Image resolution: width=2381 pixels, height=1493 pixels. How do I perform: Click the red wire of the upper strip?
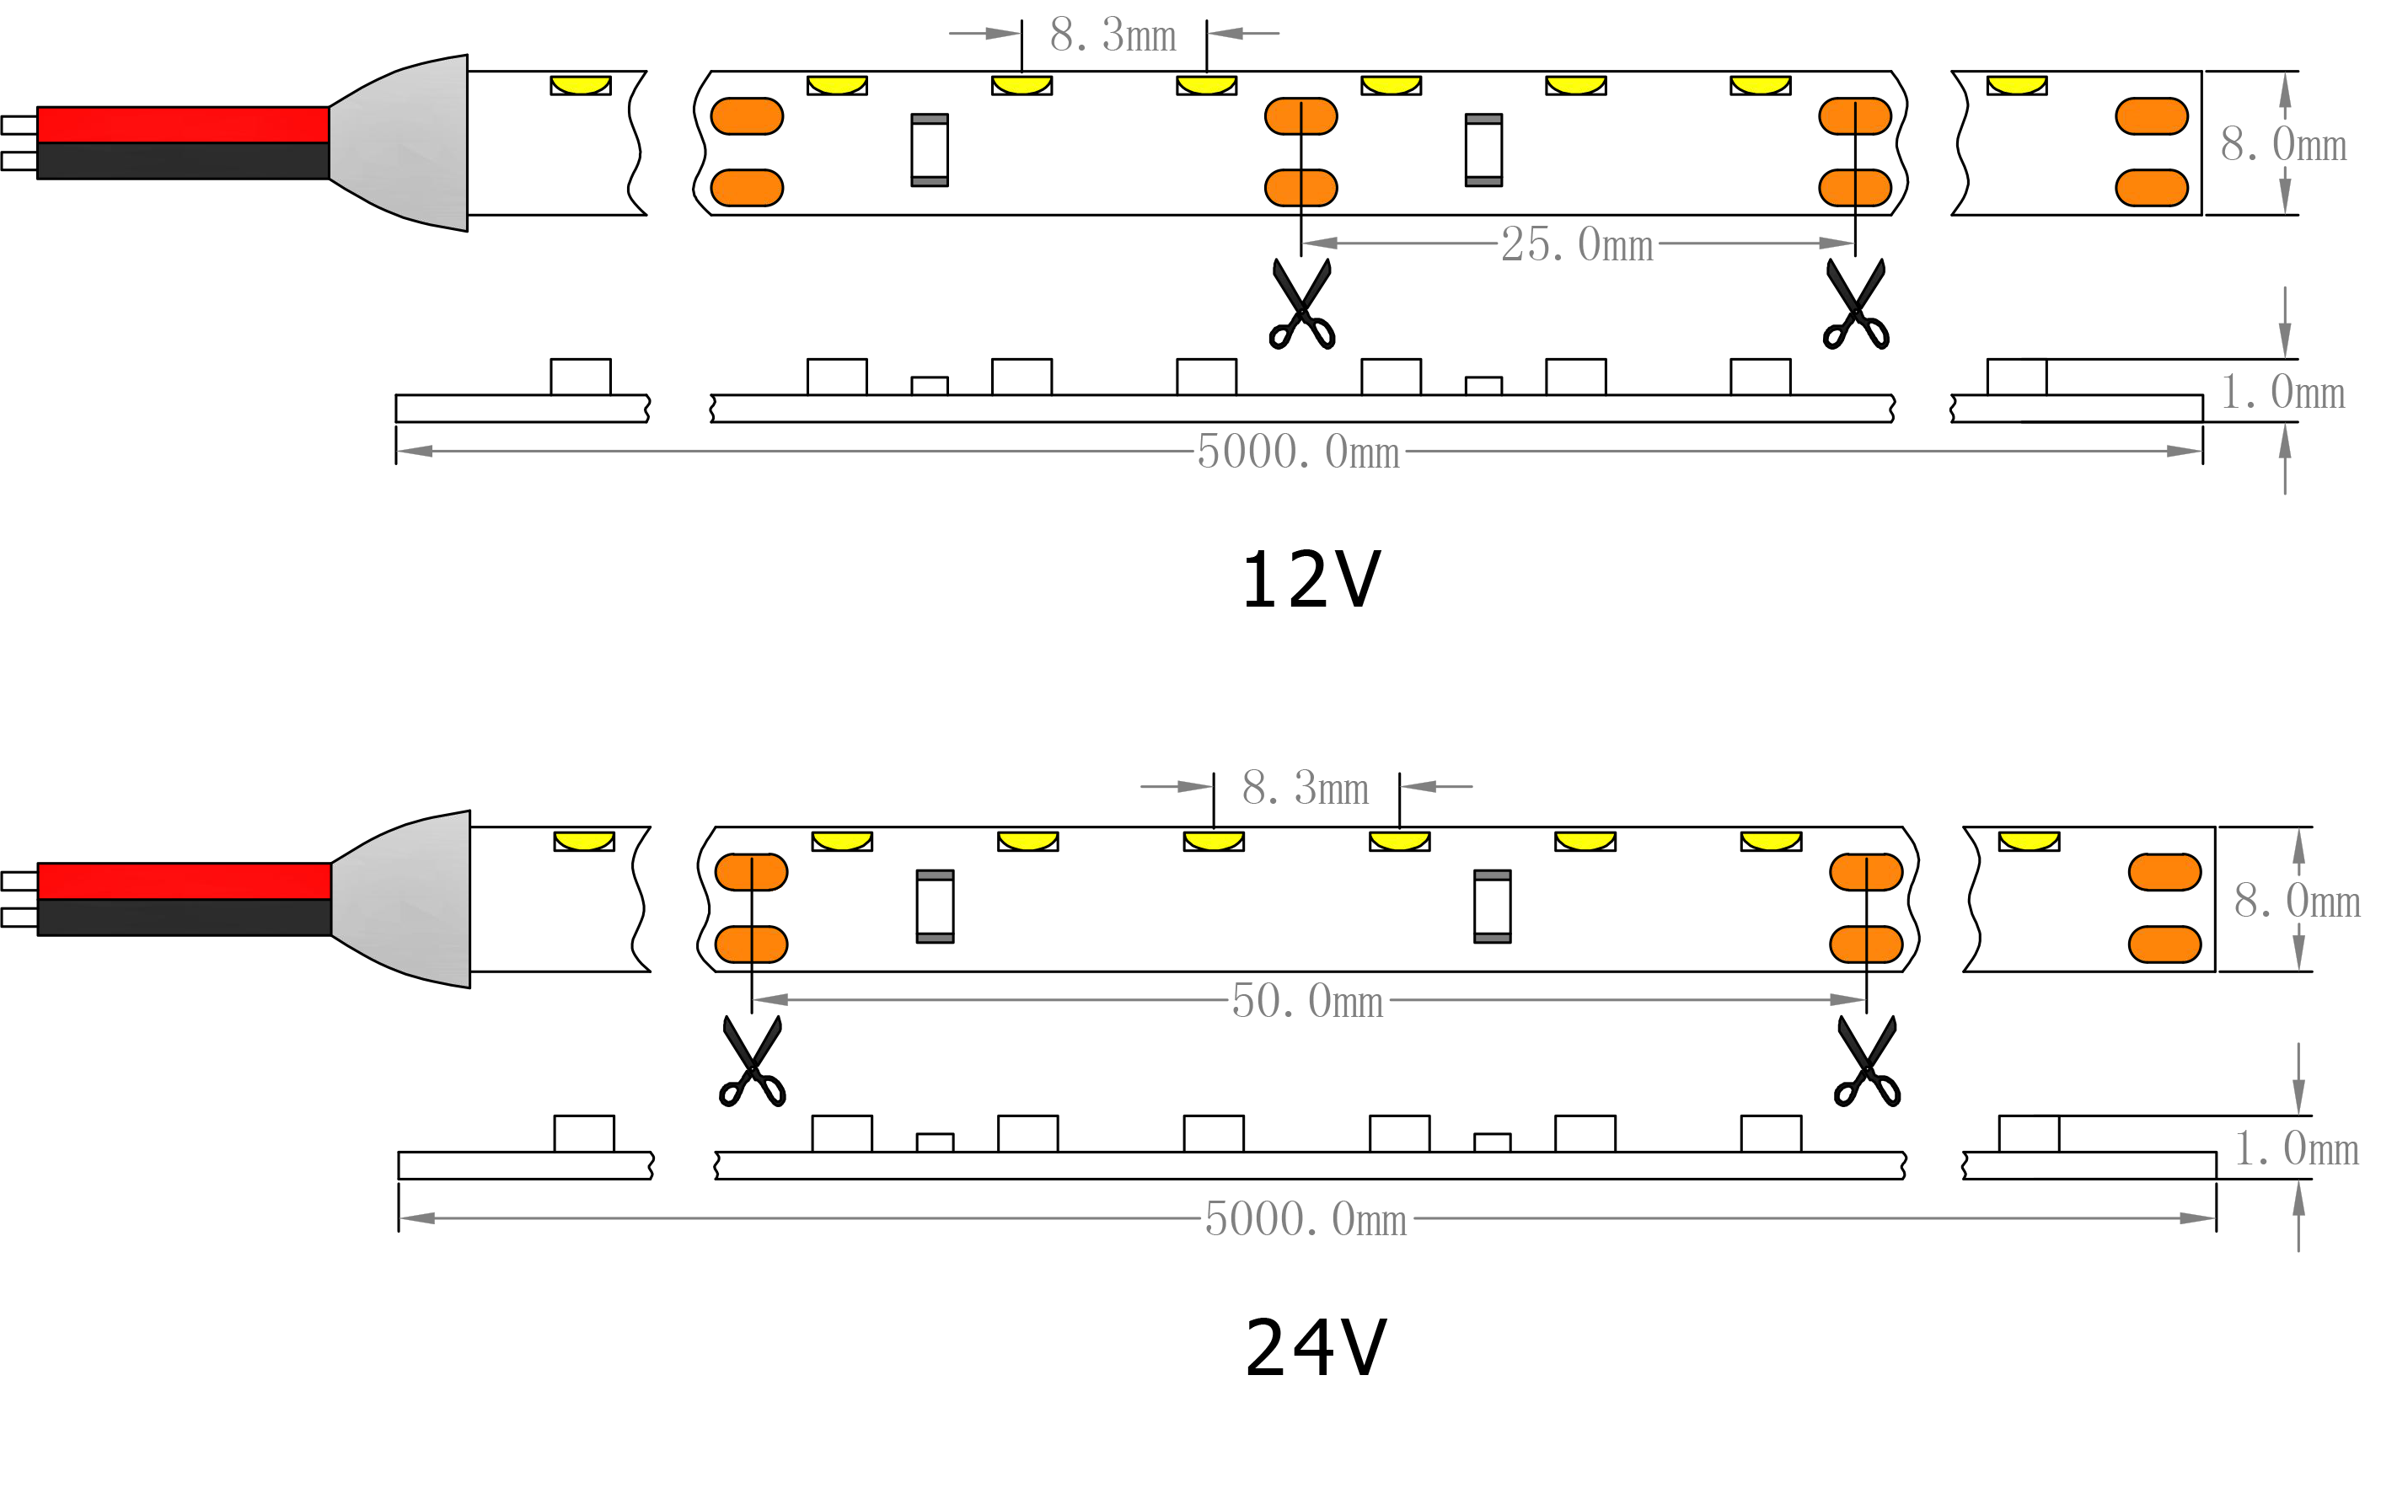[x=183, y=126]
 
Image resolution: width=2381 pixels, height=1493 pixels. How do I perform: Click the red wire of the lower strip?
[x=184, y=880]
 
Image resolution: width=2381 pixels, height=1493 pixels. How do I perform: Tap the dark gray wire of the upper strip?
[x=183, y=161]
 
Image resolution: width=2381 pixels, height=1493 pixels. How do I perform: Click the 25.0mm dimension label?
[x=1577, y=245]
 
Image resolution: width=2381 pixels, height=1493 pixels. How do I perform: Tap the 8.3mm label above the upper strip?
[x=1113, y=38]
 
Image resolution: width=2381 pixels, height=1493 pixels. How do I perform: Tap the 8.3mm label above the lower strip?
[x=1305, y=789]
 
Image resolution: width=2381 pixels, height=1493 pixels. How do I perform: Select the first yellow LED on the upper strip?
[x=581, y=85]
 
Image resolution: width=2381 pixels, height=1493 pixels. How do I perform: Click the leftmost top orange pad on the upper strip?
[x=747, y=116]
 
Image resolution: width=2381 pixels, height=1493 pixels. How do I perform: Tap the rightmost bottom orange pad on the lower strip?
[x=2164, y=944]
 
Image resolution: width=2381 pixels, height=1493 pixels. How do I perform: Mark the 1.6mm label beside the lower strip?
[x=2295, y=1149]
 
